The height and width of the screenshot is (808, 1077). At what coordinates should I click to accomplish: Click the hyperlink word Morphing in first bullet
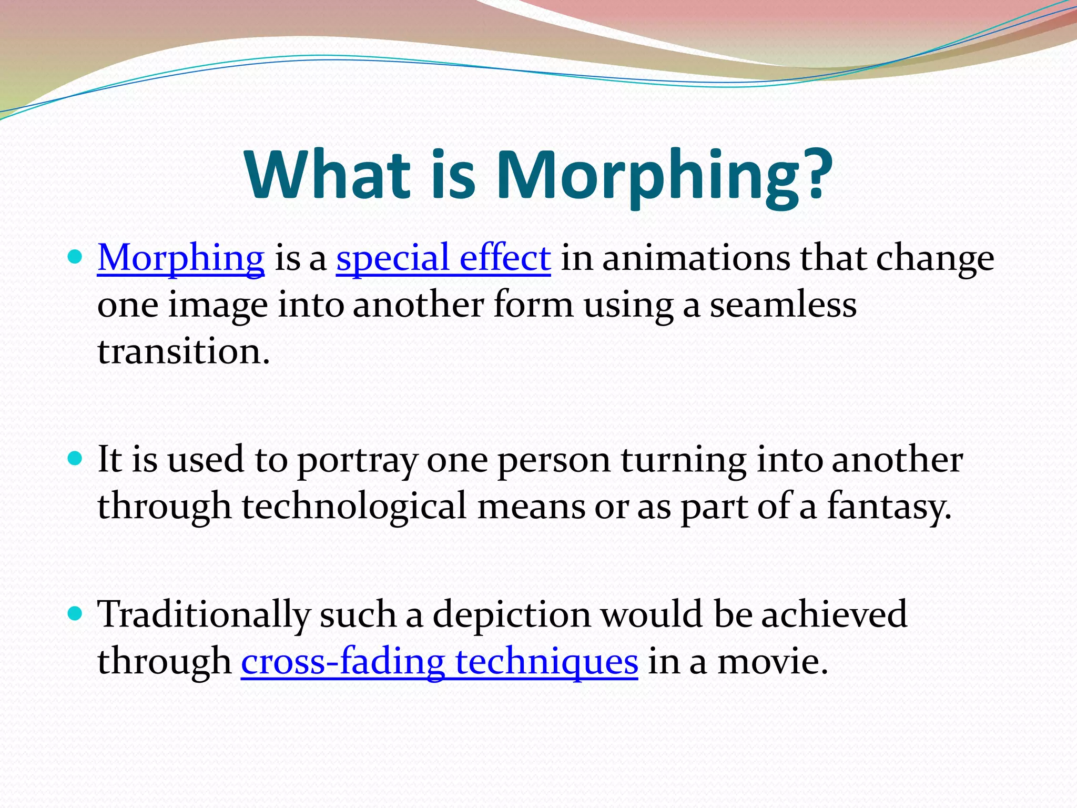(180, 258)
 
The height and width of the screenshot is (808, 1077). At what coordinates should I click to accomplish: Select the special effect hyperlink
(443, 258)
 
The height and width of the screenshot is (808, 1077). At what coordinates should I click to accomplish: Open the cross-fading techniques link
(439, 661)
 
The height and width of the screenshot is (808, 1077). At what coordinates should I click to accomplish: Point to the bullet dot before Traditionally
(76, 613)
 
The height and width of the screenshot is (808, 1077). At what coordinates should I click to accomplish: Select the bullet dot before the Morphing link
(76, 257)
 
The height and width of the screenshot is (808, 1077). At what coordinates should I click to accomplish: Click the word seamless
(783, 305)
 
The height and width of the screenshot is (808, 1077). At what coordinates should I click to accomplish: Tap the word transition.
(183, 351)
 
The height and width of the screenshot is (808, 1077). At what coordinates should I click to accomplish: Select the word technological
(354, 506)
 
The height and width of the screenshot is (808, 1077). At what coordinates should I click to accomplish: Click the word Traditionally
(204, 614)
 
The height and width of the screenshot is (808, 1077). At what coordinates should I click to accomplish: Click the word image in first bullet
(218, 305)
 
